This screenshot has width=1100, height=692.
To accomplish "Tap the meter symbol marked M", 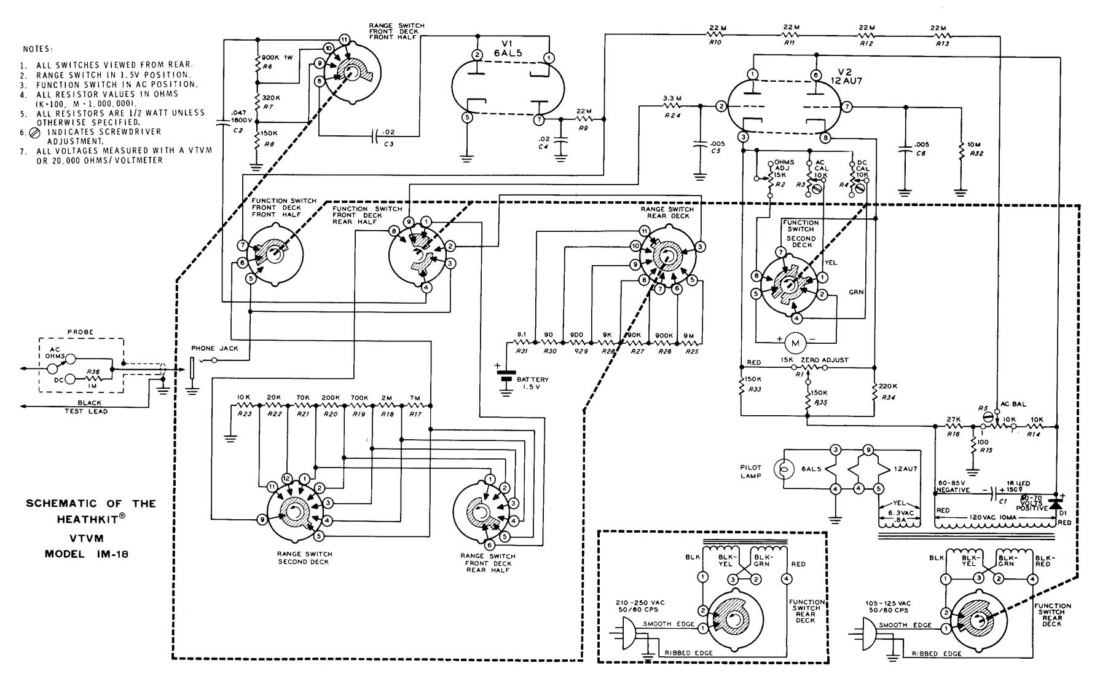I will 795,341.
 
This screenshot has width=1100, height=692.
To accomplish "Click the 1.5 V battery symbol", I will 506,376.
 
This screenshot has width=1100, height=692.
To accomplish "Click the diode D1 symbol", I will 1056,504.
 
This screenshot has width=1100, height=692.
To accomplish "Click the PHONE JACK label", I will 211,348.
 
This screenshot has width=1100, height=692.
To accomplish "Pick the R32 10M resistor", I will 959,149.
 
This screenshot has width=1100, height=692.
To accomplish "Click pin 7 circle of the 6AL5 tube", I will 539,119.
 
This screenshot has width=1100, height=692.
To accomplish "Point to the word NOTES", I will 38,49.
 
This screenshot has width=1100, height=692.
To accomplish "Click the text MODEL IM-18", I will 87,553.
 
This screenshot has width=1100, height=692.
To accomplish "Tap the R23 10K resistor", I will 244,406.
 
